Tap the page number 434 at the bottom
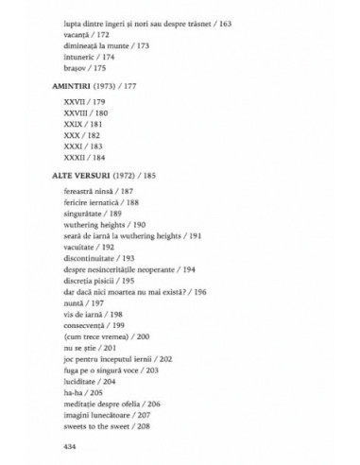click(69, 444)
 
